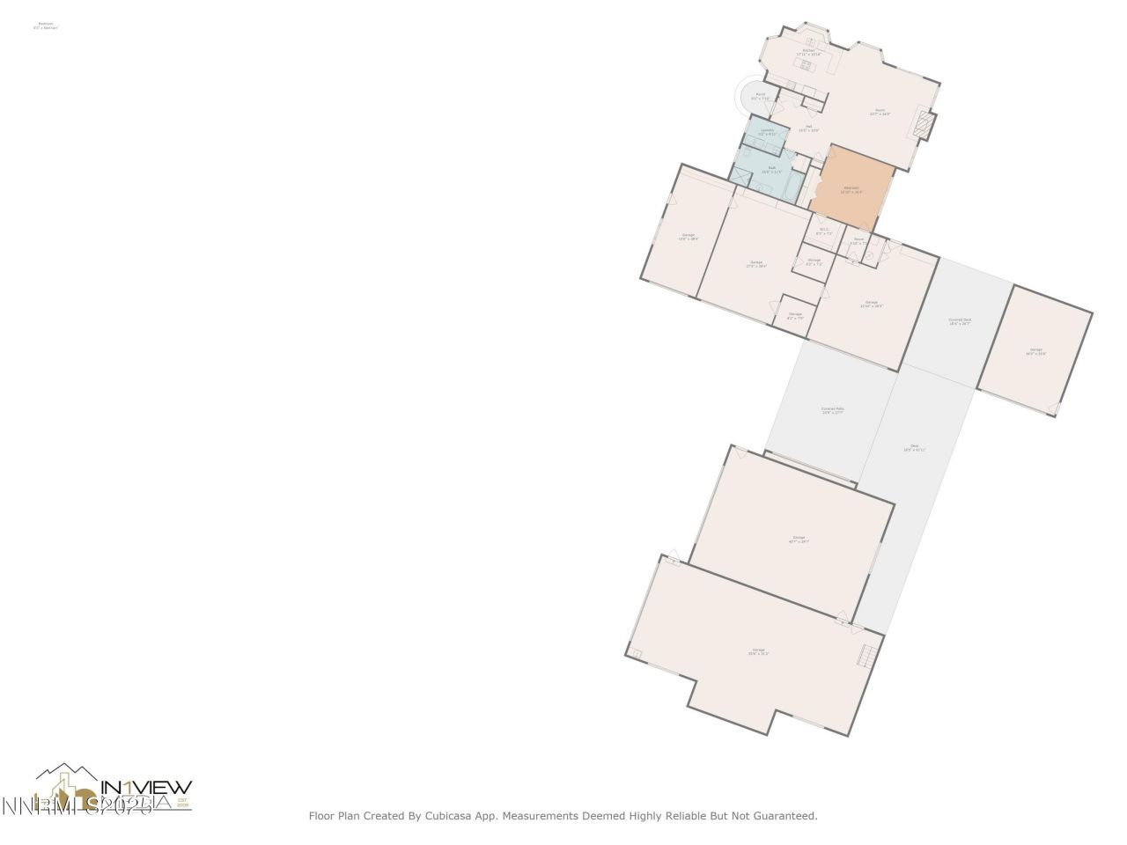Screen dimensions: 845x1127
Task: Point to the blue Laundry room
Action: pyautogui.click(x=767, y=133)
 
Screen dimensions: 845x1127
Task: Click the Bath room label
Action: pyautogui.click(x=771, y=169)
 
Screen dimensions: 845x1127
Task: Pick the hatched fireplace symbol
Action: pyautogui.click(x=922, y=125)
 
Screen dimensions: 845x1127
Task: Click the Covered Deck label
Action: pyautogui.click(x=960, y=321)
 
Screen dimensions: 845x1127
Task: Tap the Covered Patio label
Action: pyautogui.click(x=832, y=410)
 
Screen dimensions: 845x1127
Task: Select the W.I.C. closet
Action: pyautogui.click(x=824, y=231)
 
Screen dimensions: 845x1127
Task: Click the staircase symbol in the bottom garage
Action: pyautogui.click(x=868, y=655)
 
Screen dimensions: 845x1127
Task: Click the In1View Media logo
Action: pyautogui.click(x=114, y=787)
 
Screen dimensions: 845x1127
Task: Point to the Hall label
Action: pyautogui.click(x=808, y=128)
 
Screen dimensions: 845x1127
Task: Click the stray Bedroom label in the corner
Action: pyautogui.click(x=46, y=26)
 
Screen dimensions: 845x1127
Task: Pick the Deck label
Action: pyautogui.click(x=914, y=448)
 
